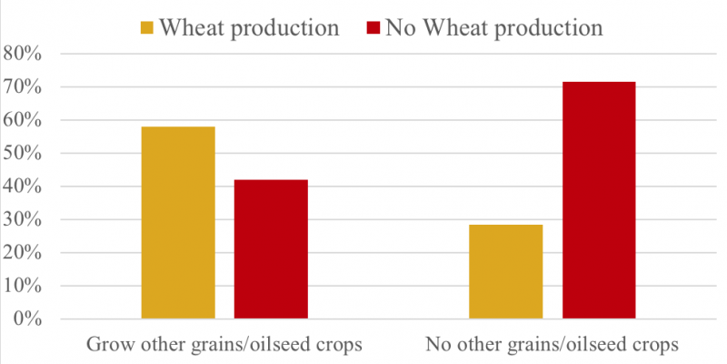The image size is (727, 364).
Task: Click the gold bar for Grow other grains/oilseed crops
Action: (x=178, y=223)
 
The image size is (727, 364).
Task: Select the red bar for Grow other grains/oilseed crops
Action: (x=271, y=249)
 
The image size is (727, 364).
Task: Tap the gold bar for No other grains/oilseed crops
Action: (x=506, y=271)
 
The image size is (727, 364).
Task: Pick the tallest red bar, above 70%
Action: (x=599, y=200)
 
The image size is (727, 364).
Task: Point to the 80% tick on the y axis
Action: (x=23, y=54)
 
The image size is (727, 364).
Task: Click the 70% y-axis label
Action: (x=23, y=87)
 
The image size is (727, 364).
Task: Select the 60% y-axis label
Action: (x=23, y=120)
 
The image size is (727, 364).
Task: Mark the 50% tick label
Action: (x=23, y=154)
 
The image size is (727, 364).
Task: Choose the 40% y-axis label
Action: (x=23, y=187)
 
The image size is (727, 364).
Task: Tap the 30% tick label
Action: (x=23, y=219)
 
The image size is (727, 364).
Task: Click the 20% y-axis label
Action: (x=23, y=253)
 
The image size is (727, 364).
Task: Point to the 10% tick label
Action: (x=23, y=286)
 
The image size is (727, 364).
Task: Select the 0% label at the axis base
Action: (x=27, y=319)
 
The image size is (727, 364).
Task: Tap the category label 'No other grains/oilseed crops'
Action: (x=552, y=346)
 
